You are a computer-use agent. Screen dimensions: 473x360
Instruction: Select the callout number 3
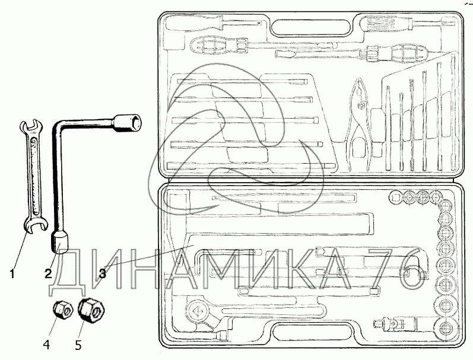coord(102,273)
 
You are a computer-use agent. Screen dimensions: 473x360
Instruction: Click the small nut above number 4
coord(62,309)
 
